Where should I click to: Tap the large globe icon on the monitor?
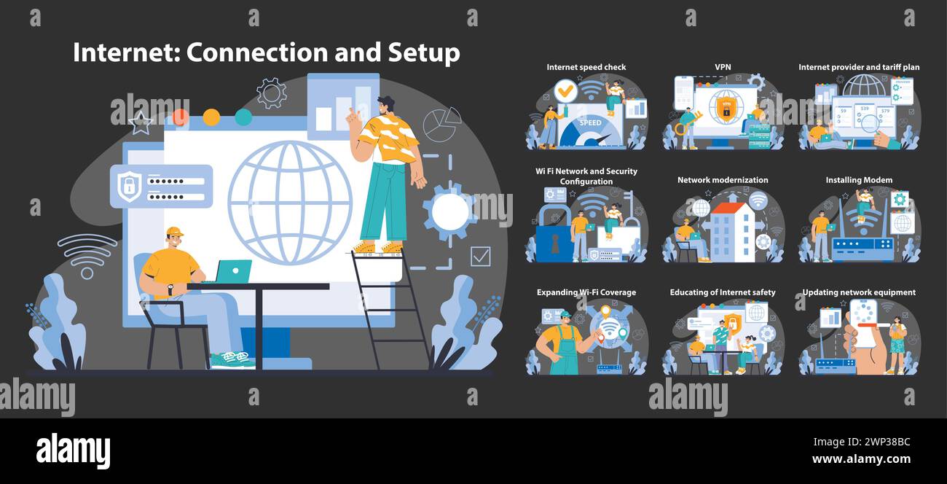click(290, 202)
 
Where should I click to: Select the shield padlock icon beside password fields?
click(129, 186)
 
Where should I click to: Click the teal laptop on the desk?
click(234, 271)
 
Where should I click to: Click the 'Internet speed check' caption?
click(586, 67)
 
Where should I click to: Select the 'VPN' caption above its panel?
click(723, 67)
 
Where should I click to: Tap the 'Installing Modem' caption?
click(859, 180)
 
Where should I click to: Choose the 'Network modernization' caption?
click(723, 180)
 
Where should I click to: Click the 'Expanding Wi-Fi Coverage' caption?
click(586, 292)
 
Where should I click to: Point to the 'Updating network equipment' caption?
click(859, 292)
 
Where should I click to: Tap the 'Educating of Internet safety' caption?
click(723, 292)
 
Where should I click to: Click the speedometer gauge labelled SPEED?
click(590, 126)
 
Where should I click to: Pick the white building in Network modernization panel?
click(732, 232)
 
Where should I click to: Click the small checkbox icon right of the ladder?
click(480, 256)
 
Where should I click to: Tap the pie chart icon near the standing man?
click(442, 124)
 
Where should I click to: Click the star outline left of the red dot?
click(141, 124)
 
